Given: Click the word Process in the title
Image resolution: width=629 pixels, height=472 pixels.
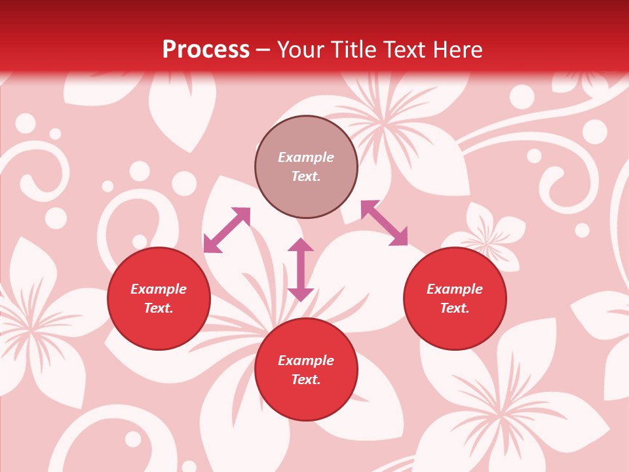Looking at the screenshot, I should pos(206,50).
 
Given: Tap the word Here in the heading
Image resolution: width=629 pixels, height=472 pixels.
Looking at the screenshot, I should pos(456,50).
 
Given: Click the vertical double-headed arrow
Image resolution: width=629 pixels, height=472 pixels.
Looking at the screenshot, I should pos(301,269).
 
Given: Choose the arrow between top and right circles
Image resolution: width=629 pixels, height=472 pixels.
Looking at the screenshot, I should pos(384,223).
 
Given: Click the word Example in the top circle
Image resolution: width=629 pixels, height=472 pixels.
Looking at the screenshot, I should pos(306,157).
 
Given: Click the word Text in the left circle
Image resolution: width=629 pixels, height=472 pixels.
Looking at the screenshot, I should pos(159,308).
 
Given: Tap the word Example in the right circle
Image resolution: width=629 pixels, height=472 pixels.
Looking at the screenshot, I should pos(455,289).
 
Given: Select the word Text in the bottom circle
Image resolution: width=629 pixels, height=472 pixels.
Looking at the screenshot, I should pos(306,380).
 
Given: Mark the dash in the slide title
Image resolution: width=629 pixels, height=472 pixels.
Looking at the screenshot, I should pos(263,50).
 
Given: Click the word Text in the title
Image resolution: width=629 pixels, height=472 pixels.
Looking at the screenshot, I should pos(403,50).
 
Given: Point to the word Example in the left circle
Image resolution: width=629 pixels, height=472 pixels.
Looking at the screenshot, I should pos(159,289).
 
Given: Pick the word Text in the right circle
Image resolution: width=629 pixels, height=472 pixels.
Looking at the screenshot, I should pos(455,308).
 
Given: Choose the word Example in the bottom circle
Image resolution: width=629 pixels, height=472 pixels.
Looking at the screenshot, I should pos(306,361).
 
